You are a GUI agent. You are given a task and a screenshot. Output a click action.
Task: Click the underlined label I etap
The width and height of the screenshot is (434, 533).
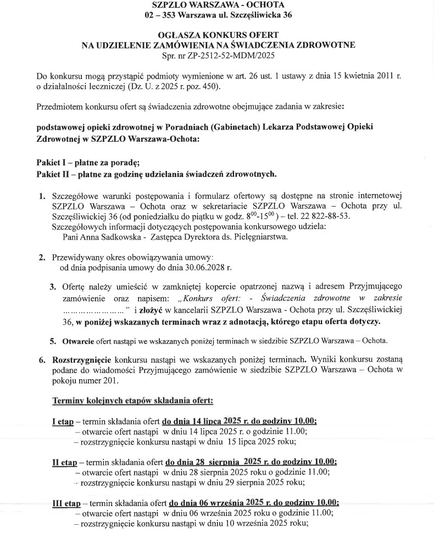(63, 421)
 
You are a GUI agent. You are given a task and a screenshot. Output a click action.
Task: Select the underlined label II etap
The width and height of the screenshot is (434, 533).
(65, 462)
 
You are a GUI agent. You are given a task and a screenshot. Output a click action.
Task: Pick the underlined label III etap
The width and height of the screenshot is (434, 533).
(66, 502)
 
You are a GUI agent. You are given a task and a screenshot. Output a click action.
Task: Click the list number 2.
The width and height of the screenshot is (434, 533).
(42, 257)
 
